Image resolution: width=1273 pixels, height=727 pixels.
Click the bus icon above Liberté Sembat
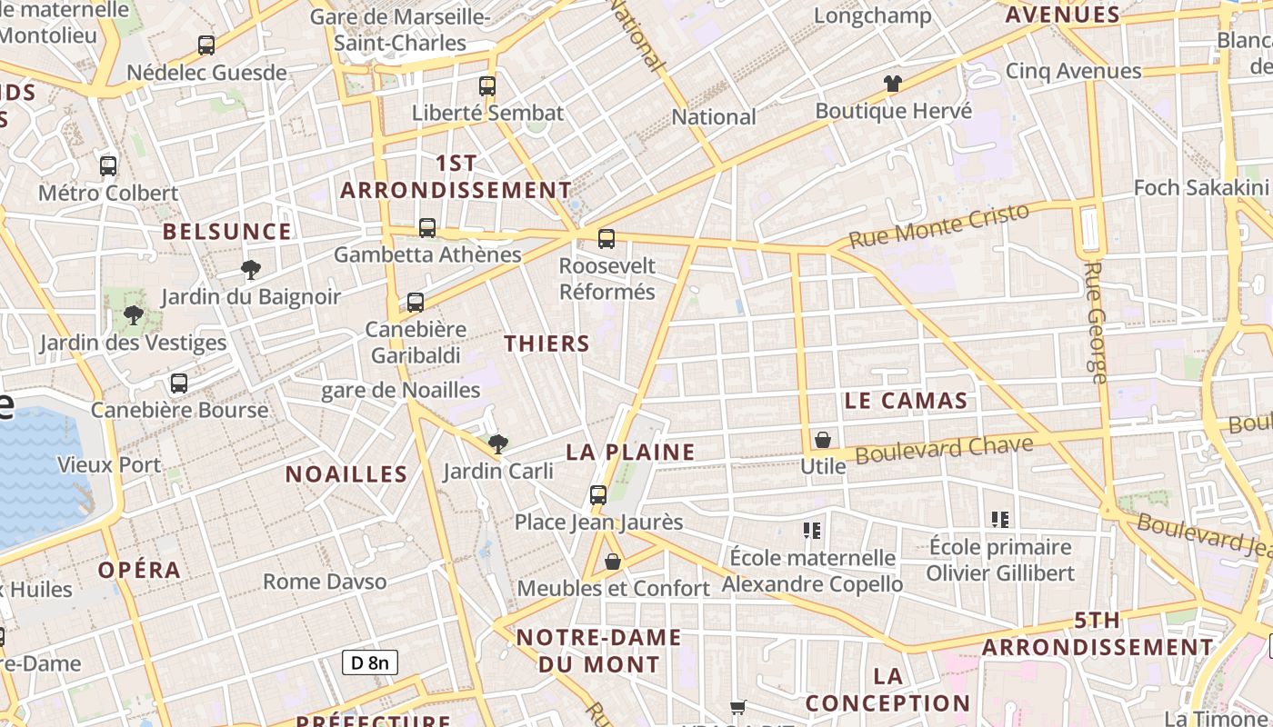(x=487, y=86)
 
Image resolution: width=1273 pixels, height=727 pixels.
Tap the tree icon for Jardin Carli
(x=497, y=444)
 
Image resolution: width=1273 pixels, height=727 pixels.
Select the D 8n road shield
(x=370, y=662)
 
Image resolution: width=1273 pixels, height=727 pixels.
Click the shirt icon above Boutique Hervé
(x=893, y=84)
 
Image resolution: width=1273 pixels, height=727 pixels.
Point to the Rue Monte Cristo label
(x=938, y=224)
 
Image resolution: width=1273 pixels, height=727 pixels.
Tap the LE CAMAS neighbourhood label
(x=906, y=401)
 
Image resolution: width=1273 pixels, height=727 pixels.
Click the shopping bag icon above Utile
(x=823, y=440)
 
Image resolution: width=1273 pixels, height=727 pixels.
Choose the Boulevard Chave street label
(x=944, y=450)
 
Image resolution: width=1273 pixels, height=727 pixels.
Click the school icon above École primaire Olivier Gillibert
(x=1000, y=520)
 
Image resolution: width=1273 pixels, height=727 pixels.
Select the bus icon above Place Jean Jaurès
(x=598, y=495)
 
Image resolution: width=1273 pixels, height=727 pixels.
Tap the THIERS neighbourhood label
(x=546, y=344)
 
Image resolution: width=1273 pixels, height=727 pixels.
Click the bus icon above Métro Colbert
(x=108, y=166)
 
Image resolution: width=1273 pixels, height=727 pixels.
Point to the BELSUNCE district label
(x=227, y=232)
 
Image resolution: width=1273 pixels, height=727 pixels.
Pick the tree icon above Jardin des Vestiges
(x=134, y=316)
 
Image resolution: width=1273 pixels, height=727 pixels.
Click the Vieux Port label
(x=109, y=465)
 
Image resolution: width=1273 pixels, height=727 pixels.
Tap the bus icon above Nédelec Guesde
(x=206, y=45)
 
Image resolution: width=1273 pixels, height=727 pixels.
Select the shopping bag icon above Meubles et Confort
(x=613, y=562)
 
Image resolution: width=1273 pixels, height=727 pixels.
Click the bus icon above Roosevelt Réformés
(x=606, y=239)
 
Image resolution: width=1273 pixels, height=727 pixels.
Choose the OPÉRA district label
(x=139, y=570)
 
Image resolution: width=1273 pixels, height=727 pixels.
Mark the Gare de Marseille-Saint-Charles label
(x=400, y=30)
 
